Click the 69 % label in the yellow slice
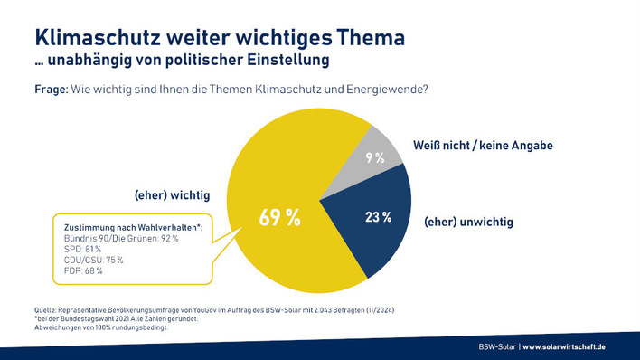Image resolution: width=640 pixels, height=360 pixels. [x=280, y=219]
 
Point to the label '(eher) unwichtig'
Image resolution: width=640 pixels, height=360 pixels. [x=468, y=221]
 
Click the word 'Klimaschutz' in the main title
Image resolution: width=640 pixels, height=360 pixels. [x=102, y=38]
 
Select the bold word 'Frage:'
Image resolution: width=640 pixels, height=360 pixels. [x=52, y=90]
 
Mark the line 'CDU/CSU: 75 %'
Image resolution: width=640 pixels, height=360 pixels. [x=89, y=259]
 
